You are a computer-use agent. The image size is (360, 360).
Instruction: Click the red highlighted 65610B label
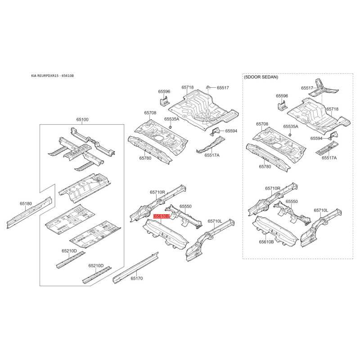pos(161,216)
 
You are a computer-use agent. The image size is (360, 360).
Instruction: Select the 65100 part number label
pos(82,119)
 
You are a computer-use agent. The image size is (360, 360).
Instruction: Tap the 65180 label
pos(26,204)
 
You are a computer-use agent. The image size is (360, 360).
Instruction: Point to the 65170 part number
pos(136,279)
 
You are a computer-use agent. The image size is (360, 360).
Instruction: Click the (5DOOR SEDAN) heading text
pos(261,77)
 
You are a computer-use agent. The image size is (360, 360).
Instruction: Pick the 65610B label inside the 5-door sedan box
pos(266,242)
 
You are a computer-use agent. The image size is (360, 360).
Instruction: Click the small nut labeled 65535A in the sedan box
pos(291,135)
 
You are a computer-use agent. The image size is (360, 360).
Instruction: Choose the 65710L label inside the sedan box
pos(321,210)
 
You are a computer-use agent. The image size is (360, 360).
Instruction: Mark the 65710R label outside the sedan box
pos(157,192)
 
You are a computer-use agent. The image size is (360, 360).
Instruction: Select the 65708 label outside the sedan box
pos(150,112)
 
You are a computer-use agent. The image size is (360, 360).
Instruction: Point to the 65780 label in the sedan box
pos(265,166)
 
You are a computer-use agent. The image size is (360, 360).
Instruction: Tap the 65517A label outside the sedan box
pos(211,155)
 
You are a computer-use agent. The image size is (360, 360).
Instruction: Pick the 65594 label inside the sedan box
pos(316,139)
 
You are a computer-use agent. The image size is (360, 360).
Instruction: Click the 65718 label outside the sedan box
pos(188,87)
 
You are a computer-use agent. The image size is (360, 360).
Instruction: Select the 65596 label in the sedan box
pos(282,96)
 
